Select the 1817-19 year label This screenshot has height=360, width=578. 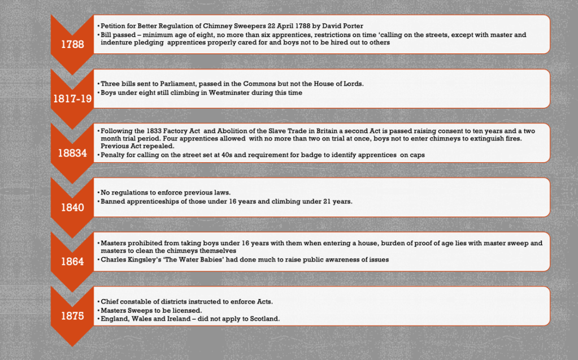point(72,98)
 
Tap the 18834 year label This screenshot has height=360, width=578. point(72,153)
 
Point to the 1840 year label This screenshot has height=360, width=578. point(72,207)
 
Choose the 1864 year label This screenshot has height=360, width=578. point(72,262)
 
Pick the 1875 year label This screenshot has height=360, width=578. point(72,316)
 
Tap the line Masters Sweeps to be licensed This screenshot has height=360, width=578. point(151,310)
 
